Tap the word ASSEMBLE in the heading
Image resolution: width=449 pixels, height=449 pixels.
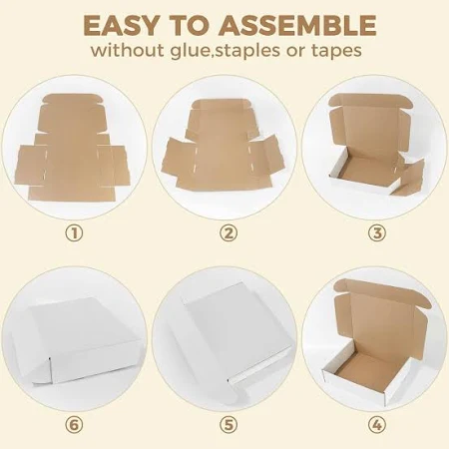[297, 26]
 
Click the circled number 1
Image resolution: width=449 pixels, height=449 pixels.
[74, 233]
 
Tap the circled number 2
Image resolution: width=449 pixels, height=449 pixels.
[228, 233]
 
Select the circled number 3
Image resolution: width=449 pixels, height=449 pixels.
[377, 233]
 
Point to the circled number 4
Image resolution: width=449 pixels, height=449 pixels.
[377, 425]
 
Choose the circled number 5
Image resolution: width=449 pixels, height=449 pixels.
[228, 425]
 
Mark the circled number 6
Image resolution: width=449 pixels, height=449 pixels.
[74, 425]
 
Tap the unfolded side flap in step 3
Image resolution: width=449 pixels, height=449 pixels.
[411, 178]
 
